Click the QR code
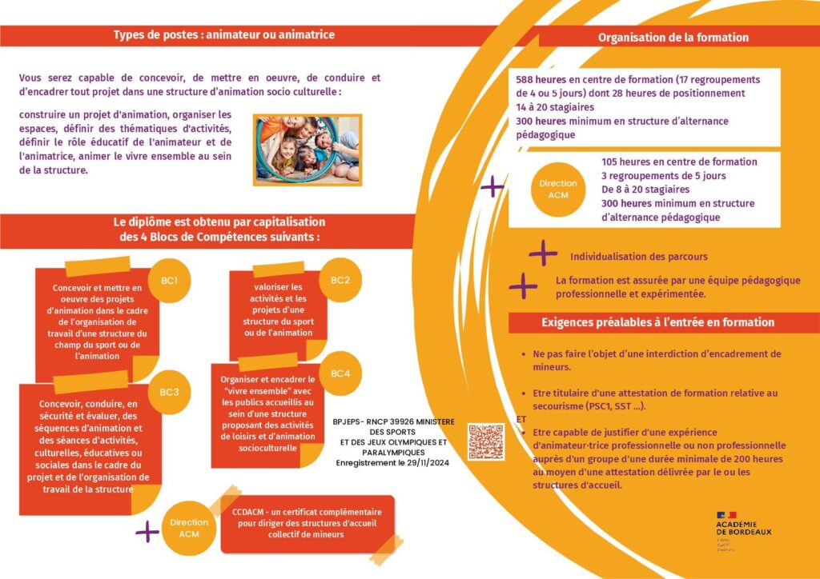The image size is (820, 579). [486, 442]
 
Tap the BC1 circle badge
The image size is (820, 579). [169, 281]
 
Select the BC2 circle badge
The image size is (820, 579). [340, 280]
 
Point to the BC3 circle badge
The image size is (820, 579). [169, 391]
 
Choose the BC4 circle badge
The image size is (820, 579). [340, 373]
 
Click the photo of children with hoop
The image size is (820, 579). [307, 150]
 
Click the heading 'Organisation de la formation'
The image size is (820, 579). [673, 38]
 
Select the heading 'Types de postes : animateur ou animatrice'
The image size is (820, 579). [224, 35]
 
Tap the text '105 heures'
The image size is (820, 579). [625, 162]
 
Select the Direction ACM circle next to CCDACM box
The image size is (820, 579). [189, 527]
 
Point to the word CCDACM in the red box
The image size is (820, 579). [248, 512]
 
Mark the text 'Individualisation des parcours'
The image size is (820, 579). [638, 257]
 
